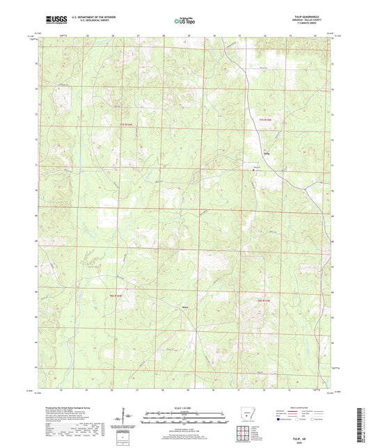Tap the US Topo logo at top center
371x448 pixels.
[x=184, y=20]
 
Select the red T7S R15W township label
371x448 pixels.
[x=261, y=123]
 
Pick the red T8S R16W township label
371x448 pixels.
[x=119, y=297]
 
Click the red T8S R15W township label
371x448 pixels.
[x=259, y=299]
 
